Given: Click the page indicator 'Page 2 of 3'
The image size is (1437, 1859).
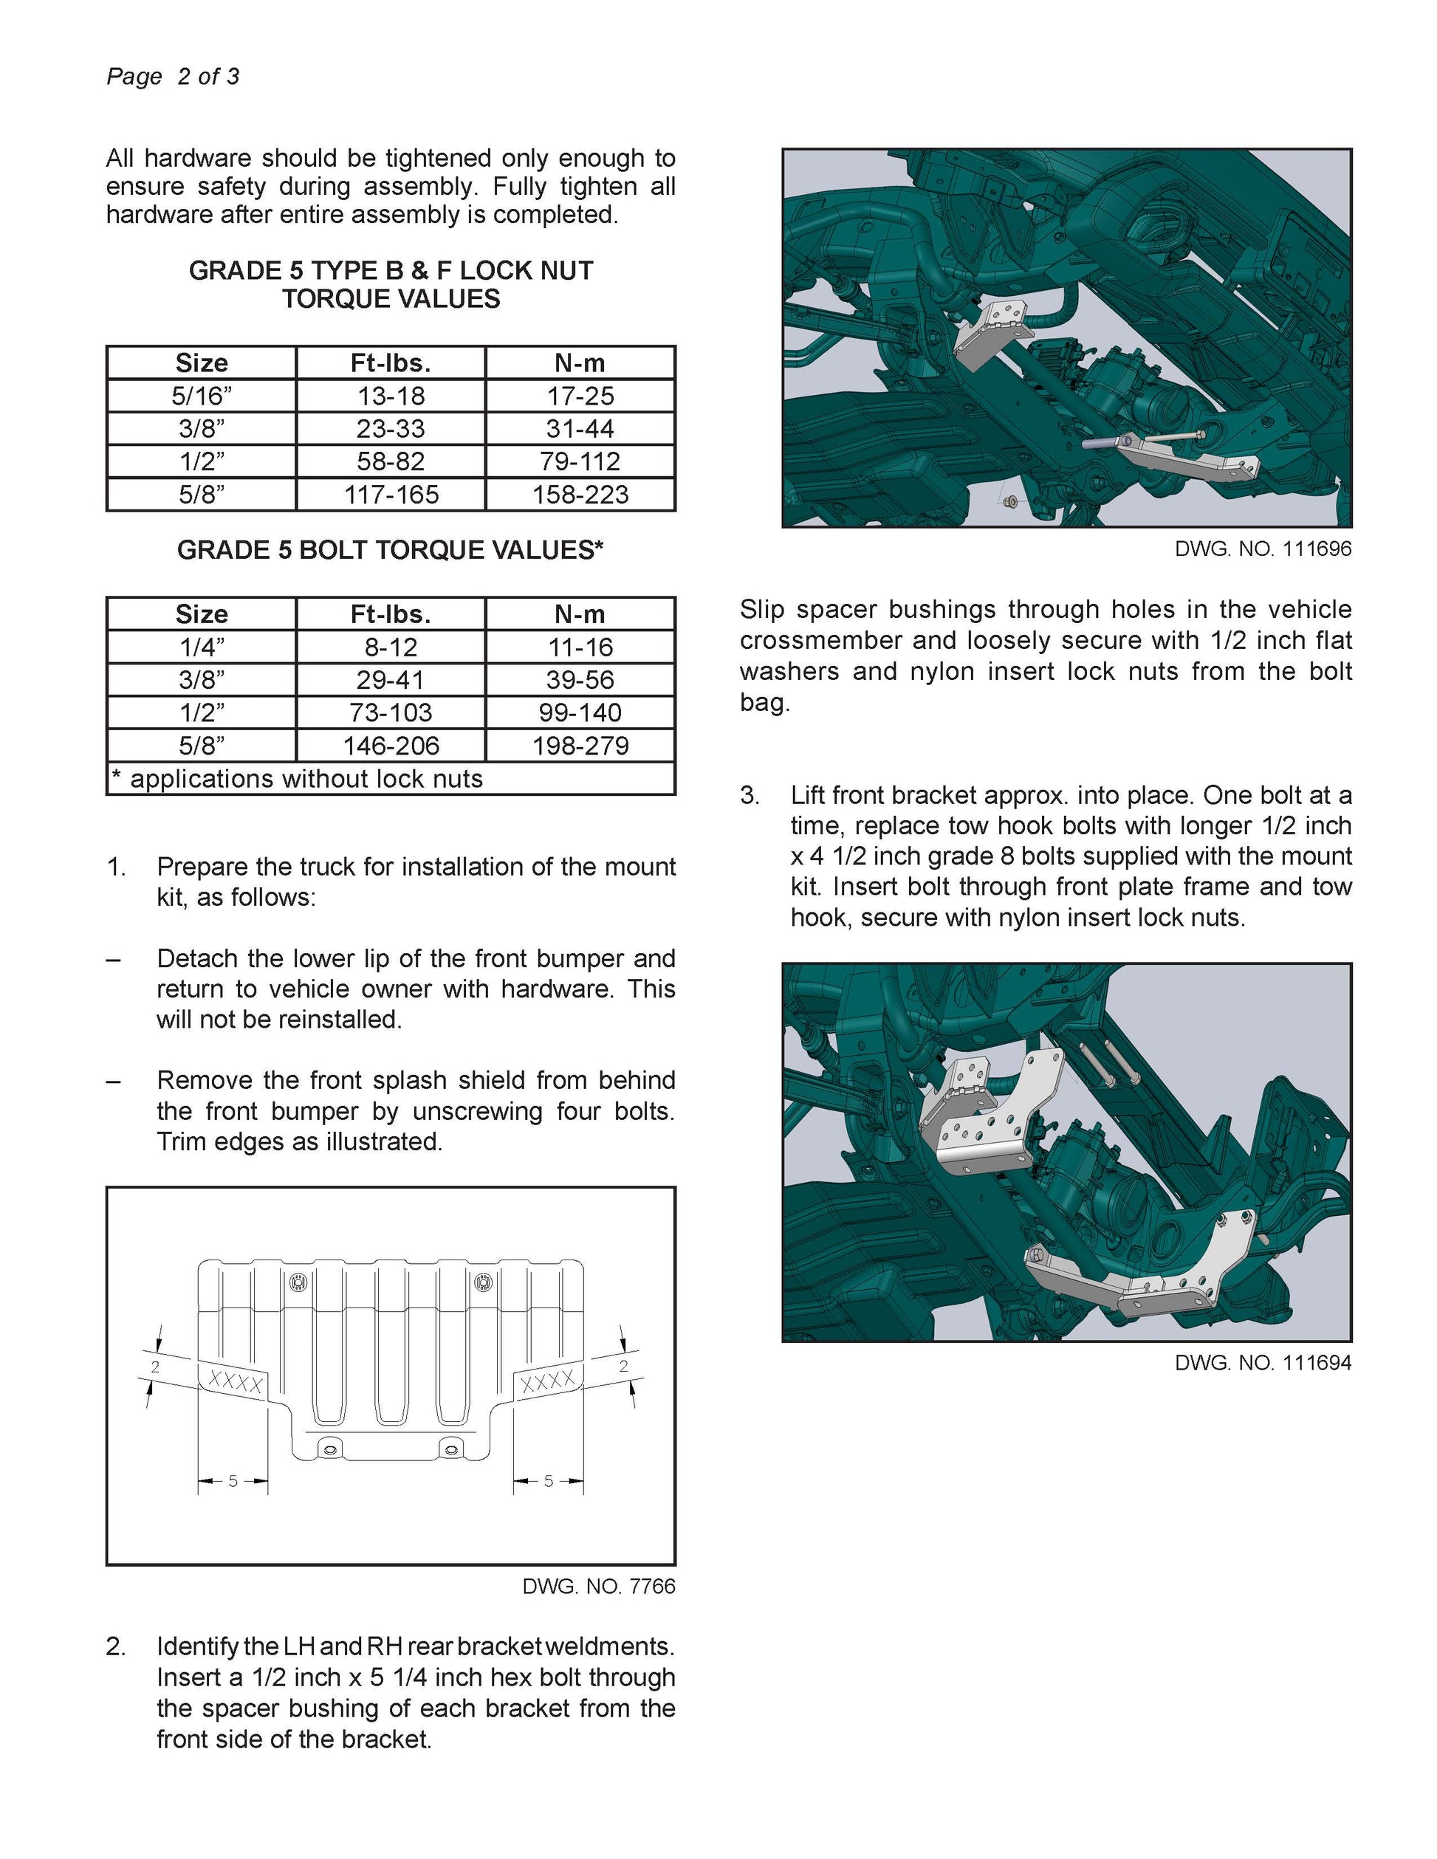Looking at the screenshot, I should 172,77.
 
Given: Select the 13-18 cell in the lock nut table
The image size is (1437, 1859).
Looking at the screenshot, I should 391,396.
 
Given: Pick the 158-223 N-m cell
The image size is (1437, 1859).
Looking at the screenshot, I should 580,495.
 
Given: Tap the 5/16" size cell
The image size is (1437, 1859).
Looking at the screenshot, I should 201,396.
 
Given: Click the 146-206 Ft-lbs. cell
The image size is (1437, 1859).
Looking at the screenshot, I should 391,746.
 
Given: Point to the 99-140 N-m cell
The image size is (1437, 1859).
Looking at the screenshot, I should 580,712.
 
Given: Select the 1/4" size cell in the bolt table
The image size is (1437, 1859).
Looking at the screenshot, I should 201,647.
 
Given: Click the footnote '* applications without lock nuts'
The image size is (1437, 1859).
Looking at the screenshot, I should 297,779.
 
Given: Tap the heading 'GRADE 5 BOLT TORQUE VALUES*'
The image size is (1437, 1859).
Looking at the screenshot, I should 390,550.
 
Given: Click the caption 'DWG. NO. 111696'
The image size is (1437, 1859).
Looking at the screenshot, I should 1263,549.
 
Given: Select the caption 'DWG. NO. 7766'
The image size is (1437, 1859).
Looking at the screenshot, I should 598,1586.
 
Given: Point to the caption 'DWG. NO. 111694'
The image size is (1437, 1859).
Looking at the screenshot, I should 1263,1363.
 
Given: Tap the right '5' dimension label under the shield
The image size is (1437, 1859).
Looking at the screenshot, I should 548,1481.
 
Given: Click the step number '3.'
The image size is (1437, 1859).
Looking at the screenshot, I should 750,795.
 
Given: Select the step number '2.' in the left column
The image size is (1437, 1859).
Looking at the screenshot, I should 116,1646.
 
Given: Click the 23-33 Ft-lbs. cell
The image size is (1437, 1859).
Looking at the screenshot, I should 391,429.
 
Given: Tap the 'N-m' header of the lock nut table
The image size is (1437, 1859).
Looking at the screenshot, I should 580,363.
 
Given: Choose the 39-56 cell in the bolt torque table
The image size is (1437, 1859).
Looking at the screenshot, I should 580,680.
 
